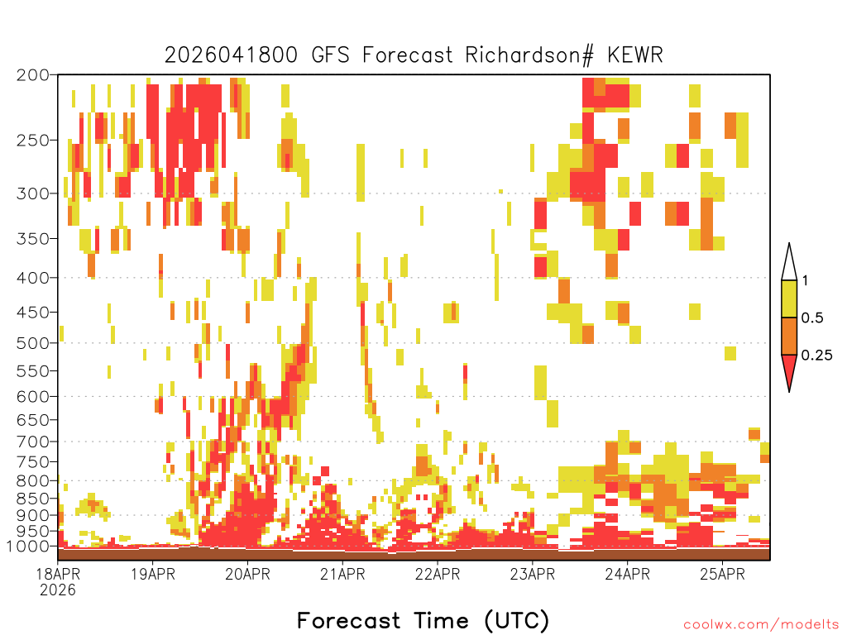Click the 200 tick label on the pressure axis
click(x=32, y=75)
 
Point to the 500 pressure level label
click(x=32, y=343)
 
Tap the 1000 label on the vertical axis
click(x=27, y=547)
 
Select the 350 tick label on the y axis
click(x=32, y=239)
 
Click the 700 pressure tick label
click(x=32, y=442)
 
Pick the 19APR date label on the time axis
click(x=153, y=574)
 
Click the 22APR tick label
click(x=438, y=574)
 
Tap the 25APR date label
click(x=722, y=574)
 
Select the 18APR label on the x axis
click(x=58, y=574)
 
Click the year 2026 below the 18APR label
click(x=58, y=590)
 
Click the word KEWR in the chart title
click(x=634, y=55)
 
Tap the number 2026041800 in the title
click(x=232, y=55)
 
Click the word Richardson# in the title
click(x=529, y=55)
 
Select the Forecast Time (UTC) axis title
click(x=423, y=620)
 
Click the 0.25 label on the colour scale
click(x=816, y=356)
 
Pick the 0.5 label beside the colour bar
click(x=812, y=318)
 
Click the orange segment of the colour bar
click(x=789, y=337)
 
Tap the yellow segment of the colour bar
click(x=789, y=299)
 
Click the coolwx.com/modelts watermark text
click(x=761, y=625)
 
